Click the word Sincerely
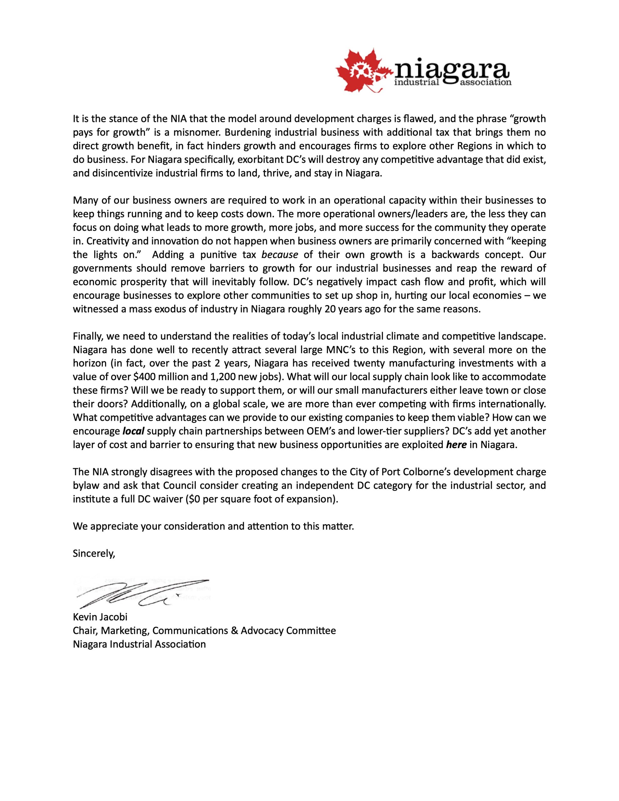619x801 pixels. coord(94,554)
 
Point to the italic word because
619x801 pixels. coord(279,254)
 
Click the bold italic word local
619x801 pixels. coord(134,431)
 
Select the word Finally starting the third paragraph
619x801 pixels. coord(85,336)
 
